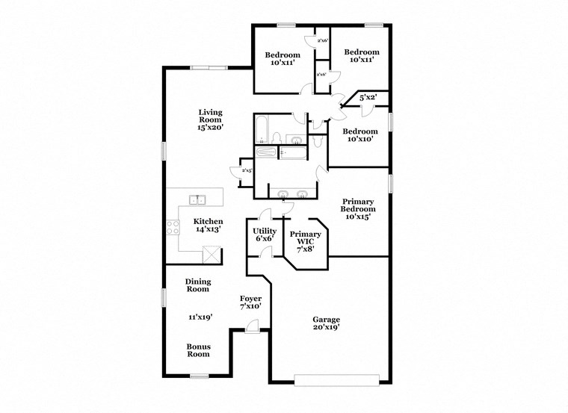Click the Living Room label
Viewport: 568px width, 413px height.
(x=210, y=116)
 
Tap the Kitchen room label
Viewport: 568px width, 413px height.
(x=208, y=221)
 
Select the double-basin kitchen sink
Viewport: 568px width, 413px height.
(x=198, y=199)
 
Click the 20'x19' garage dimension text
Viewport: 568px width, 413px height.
(x=327, y=327)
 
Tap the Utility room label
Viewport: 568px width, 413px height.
(x=264, y=231)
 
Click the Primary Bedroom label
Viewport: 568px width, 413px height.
(x=358, y=205)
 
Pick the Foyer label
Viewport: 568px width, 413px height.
(x=250, y=298)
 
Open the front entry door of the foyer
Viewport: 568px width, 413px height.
(x=253, y=325)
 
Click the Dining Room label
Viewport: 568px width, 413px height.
(x=198, y=285)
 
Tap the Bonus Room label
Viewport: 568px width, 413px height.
(x=198, y=350)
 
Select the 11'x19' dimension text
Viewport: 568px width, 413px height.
(x=200, y=317)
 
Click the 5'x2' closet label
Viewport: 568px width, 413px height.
(x=367, y=98)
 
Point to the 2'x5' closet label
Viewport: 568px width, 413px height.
(x=245, y=171)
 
